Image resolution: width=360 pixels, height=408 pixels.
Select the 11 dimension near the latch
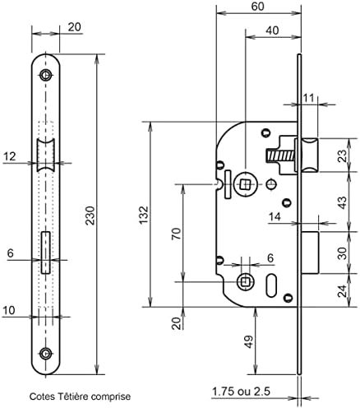coord(308,99)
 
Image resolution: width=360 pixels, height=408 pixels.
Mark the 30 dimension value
coord(340,253)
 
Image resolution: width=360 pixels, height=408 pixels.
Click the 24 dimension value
coord(340,289)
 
